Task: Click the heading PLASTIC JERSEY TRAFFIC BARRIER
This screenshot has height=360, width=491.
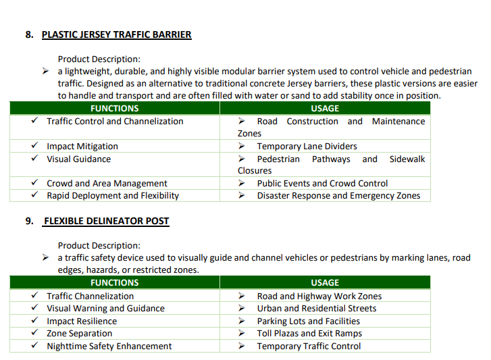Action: click(116, 34)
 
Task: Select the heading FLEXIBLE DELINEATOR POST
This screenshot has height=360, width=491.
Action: click(106, 221)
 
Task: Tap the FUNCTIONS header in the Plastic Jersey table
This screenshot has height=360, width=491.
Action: click(114, 108)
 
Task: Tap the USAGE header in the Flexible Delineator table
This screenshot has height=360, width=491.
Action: click(325, 283)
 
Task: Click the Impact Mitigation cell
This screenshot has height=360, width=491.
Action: click(82, 146)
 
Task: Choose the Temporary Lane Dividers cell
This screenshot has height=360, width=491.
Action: click(307, 146)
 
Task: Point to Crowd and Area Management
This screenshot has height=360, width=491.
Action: click(107, 183)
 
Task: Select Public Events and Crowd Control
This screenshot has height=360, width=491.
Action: click(322, 183)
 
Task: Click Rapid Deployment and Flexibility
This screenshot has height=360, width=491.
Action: click(113, 195)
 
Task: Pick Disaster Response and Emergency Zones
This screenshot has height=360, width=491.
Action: click(338, 195)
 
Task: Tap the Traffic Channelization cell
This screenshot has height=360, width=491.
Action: click(90, 296)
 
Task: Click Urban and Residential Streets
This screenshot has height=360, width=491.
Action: click(317, 308)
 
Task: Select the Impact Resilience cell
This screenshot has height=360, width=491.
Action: click(82, 321)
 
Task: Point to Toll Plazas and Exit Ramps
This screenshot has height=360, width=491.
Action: click(309, 333)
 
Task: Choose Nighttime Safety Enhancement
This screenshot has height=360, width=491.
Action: click(109, 346)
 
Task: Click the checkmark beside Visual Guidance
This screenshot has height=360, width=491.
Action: click(34, 159)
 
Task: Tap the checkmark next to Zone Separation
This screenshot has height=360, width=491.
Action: click(34, 333)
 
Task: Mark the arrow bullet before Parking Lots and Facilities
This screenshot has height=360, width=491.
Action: click(242, 321)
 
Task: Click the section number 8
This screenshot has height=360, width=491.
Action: click(29, 34)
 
